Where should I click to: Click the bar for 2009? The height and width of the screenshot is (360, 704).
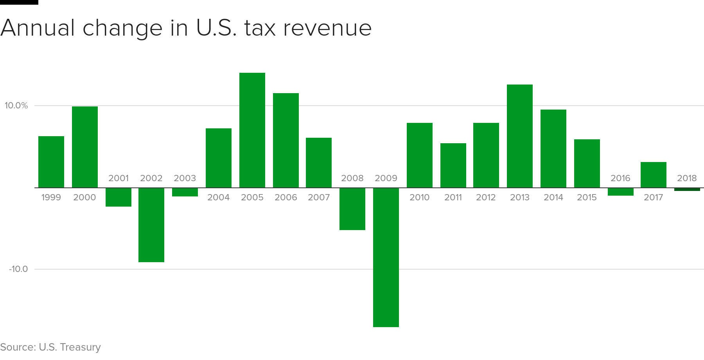(x=386, y=257)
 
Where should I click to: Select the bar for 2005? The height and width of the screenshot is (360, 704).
(x=252, y=130)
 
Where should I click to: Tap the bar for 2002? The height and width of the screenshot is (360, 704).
(x=151, y=225)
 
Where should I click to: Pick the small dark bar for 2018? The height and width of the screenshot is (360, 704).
(x=687, y=189)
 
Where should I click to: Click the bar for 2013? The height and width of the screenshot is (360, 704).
(x=519, y=136)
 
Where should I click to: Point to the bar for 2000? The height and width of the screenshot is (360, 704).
(x=84, y=147)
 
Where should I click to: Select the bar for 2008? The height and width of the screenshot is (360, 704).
(x=352, y=209)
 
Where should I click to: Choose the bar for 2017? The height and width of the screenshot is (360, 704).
(x=653, y=175)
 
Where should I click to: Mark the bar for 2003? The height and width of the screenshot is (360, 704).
(x=185, y=192)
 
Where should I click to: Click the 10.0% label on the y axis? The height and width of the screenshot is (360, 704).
(x=16, y=106)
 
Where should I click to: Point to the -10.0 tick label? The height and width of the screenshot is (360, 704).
(x=18, y=269)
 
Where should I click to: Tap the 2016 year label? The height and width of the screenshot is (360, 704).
(x=620, y=178)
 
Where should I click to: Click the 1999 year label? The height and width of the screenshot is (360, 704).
(x=51, y=198)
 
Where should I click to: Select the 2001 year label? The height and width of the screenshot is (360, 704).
(x=118, y=178)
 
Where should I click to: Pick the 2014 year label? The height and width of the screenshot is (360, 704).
(x=553, y=198)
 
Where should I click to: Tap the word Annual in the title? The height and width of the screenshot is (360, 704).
(x=38, y=28)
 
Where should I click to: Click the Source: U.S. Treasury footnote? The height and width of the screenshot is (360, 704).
(x=50, y=347)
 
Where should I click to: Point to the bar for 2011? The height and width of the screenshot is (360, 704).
(x=453, y=166)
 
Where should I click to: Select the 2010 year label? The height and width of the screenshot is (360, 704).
(x=419, y=198)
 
